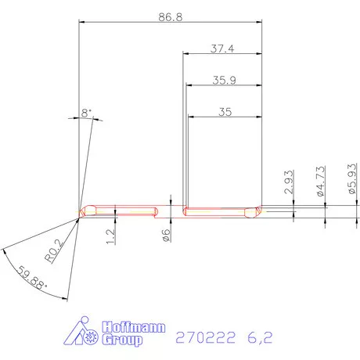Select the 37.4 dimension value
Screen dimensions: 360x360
[222, 48]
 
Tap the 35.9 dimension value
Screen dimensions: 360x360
[222, 79]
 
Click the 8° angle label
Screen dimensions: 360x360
[85, 113]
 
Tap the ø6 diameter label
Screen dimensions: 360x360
[166, 235]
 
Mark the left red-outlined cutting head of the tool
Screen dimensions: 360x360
[123, 211]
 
